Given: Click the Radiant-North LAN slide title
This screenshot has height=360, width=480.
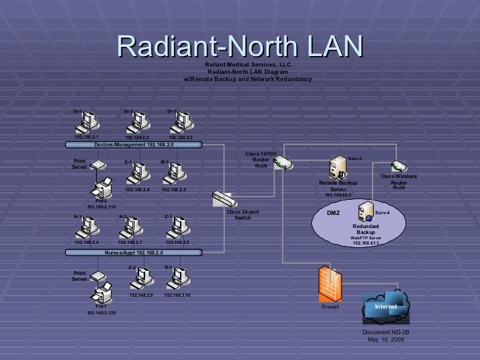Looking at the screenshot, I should [x=240, y=45].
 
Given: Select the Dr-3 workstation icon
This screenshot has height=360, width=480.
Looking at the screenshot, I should [x=181, y=121].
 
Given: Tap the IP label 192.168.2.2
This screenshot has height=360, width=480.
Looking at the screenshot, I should [x=138, y=138].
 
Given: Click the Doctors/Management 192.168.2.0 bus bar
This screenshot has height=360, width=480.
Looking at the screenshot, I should [x=133, y=144].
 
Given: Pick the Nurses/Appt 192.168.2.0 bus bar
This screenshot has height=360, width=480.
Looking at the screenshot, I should [x=133, y=253].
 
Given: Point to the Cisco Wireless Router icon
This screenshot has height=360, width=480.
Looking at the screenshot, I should [x=397, y=166].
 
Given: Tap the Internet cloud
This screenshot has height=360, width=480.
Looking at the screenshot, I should [x=386, y=305].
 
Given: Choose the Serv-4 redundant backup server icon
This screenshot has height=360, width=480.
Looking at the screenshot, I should [x=364, y=213].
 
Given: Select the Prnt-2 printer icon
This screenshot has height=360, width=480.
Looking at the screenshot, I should [x=104, y=187].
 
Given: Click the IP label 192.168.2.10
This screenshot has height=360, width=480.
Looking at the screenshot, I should [x=177, y=295].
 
